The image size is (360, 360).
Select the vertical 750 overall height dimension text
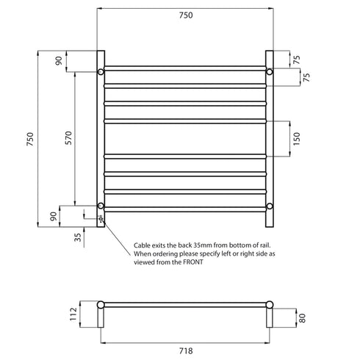tap(30, 139)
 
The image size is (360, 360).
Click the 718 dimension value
tap(186, 351)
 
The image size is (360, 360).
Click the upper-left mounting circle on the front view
tap(101, 72)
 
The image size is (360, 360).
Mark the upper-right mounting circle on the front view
tap(270, 72)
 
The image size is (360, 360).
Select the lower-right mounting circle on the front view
tap(270, 206)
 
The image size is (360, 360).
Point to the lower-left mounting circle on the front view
tap(101, 206)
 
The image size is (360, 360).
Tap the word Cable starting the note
tap(143, 245)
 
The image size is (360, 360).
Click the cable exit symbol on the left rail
tap(101, 218)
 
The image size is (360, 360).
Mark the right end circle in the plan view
tap(270, 304)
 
